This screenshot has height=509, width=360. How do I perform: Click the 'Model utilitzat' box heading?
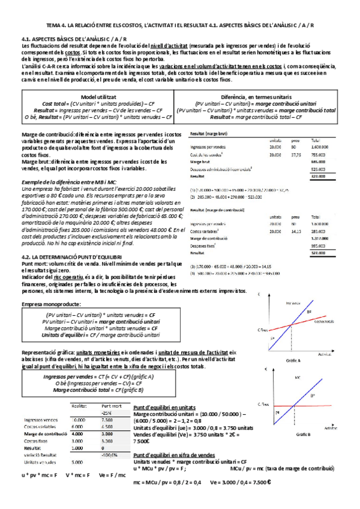100,96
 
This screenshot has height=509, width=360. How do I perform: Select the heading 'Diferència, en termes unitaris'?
265,96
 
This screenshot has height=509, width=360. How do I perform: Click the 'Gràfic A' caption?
293,360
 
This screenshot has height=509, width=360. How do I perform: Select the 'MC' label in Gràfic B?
298,378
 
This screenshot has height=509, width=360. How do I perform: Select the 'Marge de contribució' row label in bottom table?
45,433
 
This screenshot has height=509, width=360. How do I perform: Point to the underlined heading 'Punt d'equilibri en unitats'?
172,407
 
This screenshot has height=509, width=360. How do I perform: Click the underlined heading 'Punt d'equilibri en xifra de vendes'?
178,456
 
